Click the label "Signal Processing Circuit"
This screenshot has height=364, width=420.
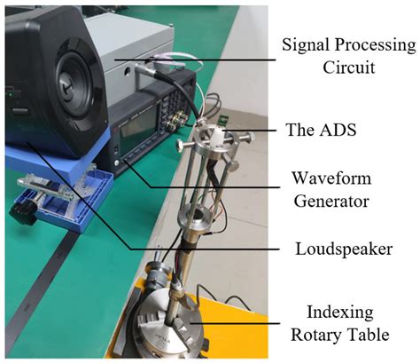tap(348, 56)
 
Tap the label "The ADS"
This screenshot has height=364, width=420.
tap(321, 130)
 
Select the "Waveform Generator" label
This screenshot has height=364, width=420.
tap(331, 190)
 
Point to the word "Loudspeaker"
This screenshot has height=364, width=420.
tap(344, 249)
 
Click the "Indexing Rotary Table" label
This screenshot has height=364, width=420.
tap(340, 323)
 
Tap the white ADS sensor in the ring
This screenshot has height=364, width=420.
tap(217, 137)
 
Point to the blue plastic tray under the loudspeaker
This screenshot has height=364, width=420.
tap(65, 193)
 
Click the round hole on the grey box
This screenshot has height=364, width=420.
tap(128, 71)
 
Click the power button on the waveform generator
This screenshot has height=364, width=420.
tap(118, 162)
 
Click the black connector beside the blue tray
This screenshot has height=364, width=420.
tap(23, 212)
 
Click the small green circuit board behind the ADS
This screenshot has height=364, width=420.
tap(223, 120)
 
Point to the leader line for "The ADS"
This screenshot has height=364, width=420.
tap(251, 130)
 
